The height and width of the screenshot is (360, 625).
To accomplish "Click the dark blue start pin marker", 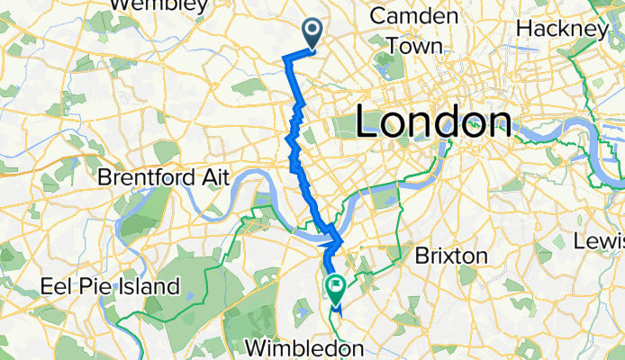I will (x=312, y=33).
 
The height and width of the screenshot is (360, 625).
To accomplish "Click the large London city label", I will (x=434, y=121).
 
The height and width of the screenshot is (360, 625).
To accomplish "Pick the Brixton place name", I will (x=451, y=256).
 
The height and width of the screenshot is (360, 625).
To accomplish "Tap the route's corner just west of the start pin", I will (x=288, y=58).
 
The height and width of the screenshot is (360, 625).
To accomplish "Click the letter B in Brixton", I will (x=421, y=256).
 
